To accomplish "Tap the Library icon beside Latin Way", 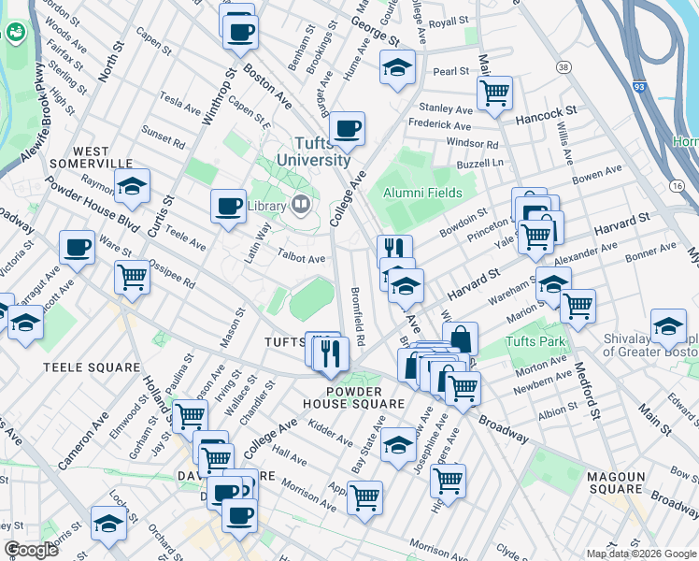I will tap(301, 203).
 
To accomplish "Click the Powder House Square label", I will tap(352, 397).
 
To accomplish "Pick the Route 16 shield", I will tap(676, 185).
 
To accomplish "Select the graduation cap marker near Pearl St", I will tap(397, 66).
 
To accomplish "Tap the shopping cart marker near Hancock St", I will tap(493, 92).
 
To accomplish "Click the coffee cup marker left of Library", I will tap(227, 205).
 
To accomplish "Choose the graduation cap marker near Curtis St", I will tap(132, 185).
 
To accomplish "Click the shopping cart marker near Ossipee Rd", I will tap(132, 276).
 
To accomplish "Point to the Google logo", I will tap(31, 550).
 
